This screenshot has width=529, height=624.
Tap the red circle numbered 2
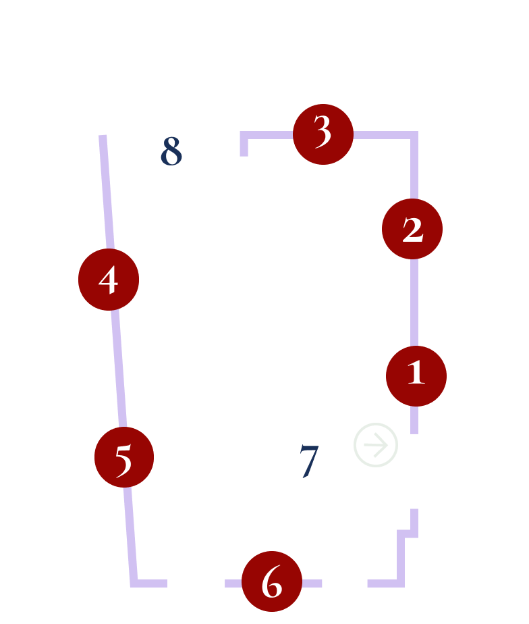(x=412, y=229)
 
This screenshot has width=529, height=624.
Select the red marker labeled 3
(x=323, y=134)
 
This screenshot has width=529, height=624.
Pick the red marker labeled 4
(x=109, y=279)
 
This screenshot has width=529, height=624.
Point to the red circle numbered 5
(x=124, y=457)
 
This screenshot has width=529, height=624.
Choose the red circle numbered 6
(x=272, y=581)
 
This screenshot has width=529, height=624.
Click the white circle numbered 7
(x=310, y=463)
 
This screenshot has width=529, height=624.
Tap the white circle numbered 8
(x=171, y=150)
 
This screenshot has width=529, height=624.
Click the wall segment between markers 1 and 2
(x=414, y=302)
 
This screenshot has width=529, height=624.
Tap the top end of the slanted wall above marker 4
(x=103, y=138)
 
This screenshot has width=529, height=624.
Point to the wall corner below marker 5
(x=135, y=581)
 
